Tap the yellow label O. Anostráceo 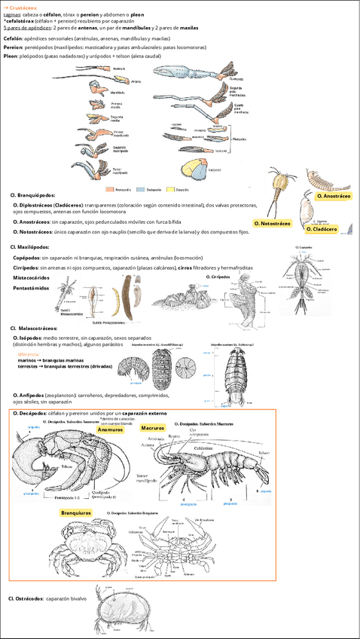click(x=334, y=196)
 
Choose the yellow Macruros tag click(x=153, y=427)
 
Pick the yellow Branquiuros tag click(x=76, y=512)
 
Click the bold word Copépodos click(x=27, y=258)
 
